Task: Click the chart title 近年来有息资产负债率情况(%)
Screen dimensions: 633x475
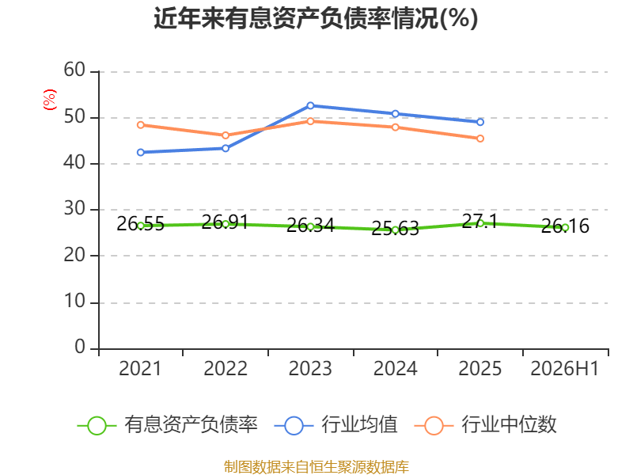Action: coord(316,18)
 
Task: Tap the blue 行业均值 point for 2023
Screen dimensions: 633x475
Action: coord(310,106)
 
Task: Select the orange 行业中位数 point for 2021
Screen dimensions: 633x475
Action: coord(141,125)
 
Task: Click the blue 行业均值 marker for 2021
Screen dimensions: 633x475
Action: coord(141,152)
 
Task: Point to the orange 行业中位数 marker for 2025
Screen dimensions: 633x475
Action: coord(480,139)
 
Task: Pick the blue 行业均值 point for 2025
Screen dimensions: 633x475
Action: coord(480,122)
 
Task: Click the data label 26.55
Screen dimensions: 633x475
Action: coord(141,224)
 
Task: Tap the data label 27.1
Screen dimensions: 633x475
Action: coord(479,222)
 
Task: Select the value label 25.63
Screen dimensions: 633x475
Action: coord(395,228)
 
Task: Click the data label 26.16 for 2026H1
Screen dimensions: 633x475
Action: coord(565,226)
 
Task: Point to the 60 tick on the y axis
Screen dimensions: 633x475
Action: coord(74,70)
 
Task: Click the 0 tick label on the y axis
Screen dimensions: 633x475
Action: coord(80,347)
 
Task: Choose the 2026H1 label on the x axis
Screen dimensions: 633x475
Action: coord(565,368)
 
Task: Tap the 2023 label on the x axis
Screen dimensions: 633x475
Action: coord(310,368)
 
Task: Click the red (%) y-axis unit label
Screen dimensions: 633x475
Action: coord(50,100)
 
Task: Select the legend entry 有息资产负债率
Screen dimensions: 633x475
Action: coord(168,425)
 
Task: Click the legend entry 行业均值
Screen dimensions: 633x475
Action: coord(335,425)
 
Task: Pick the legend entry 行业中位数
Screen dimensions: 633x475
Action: coord(486,425)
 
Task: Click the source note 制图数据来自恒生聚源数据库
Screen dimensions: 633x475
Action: coord(316,467)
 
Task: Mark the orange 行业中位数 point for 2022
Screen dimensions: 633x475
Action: coord(226,135)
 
